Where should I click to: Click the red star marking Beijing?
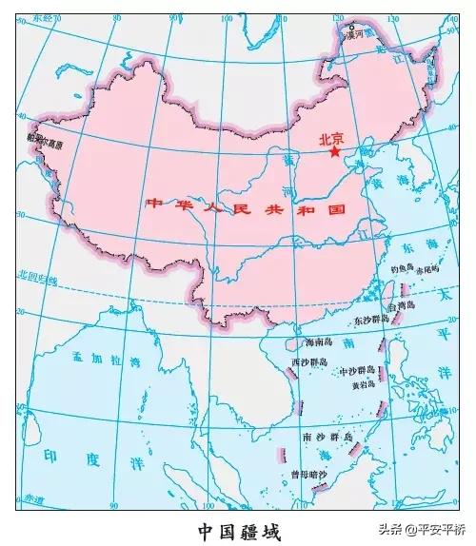(x=334, y=150)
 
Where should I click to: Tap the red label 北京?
(x=333, y=136)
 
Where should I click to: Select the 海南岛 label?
(x=308, y=341)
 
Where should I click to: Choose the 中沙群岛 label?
(x=357, y=370)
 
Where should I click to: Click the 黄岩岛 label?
(x=363, y=386)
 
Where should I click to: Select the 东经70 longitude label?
(x=46, y=18)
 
